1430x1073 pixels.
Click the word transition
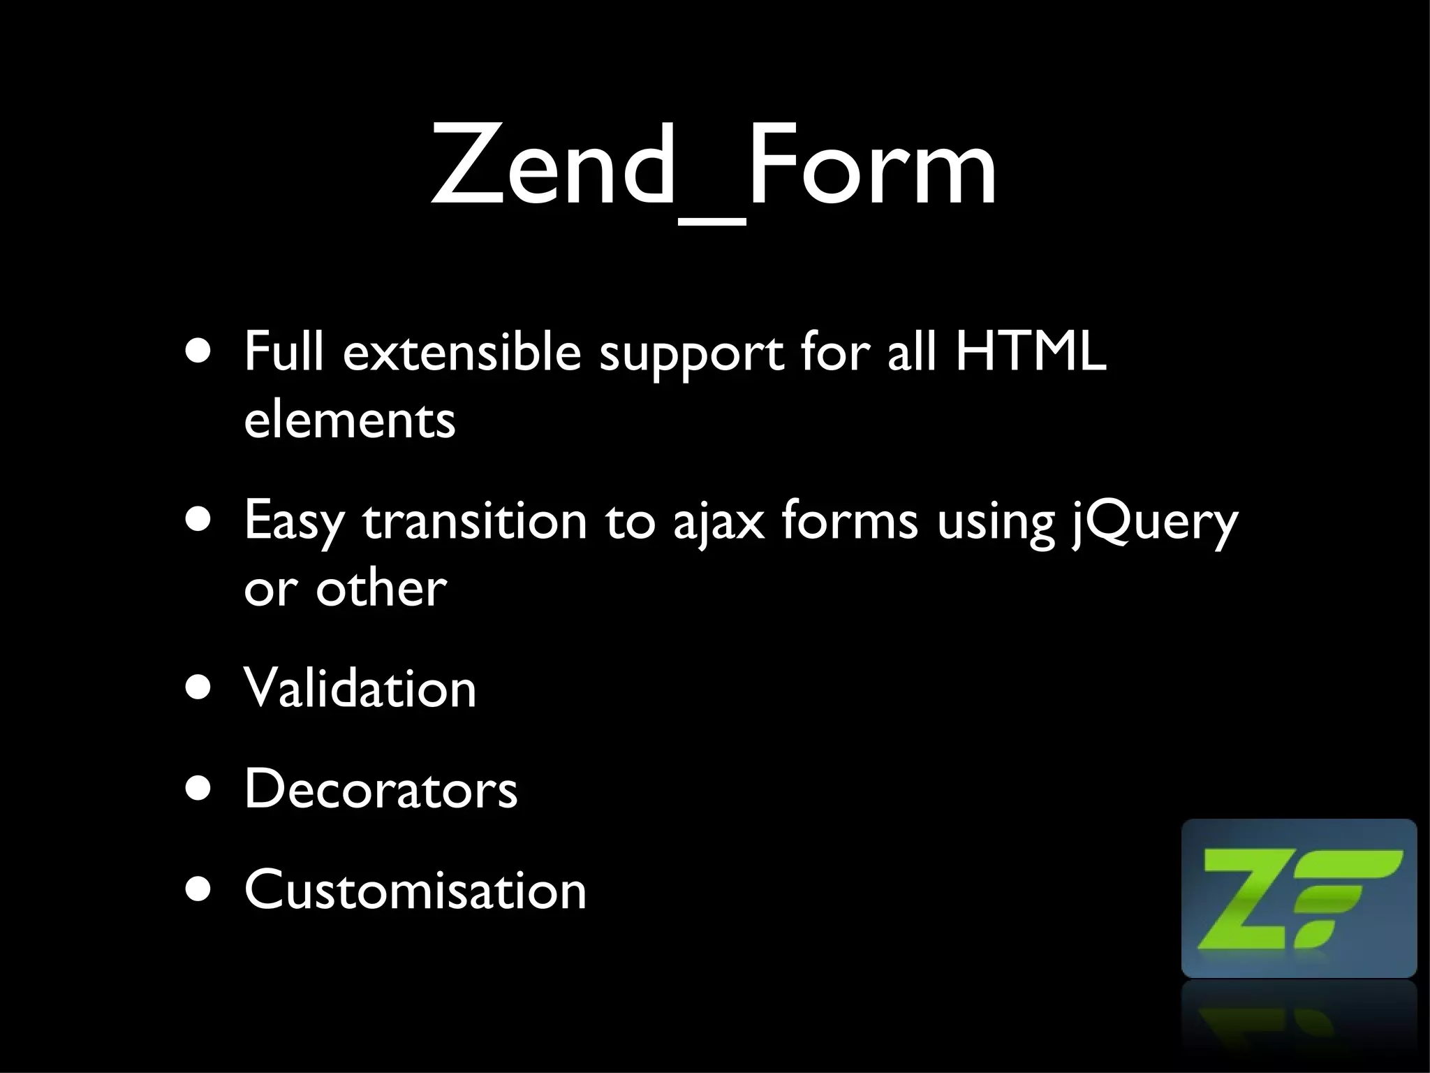(475, 520)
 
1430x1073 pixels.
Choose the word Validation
(360, 688)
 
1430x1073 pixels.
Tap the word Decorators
(381, 789)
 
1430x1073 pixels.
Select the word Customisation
(415, 890)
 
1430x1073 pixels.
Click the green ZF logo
(1299, 898)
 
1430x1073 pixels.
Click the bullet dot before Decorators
(198, 789)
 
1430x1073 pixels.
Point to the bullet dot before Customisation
(198, 889)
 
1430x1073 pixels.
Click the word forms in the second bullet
(849, 520)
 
